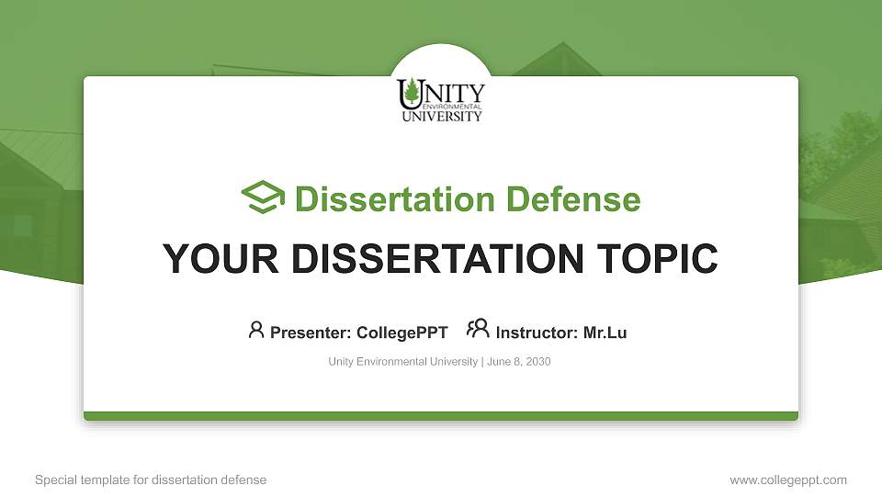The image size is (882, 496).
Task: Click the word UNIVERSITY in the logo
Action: coord(441,117)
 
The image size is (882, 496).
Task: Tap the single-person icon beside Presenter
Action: coord(256,330)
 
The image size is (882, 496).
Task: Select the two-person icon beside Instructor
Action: coord(478,330)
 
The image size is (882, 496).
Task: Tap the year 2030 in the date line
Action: coord(537,362)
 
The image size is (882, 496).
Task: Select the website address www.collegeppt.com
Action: coord(788,479)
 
